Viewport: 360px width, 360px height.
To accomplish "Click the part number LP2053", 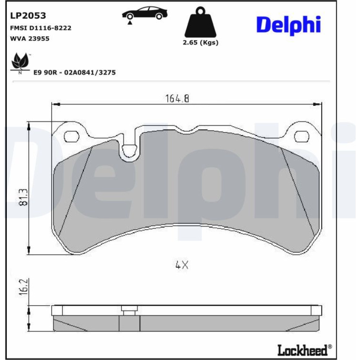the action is click(x=28, y=15).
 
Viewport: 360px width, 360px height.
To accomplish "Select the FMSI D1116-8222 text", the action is click(x=41, y=28).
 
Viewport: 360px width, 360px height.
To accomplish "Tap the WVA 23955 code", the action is click(x=30, y=39).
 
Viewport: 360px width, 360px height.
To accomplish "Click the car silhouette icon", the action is click(x=145, y=13).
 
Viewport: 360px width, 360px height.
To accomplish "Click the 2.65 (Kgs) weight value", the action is click(x=201, y=42).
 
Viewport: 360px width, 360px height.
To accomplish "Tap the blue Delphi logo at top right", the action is click(x=288, y=25).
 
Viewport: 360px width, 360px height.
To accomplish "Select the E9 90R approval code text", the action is click(x=75, y=73).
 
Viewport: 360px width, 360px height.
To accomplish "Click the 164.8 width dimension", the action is click(x=177, y=99).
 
